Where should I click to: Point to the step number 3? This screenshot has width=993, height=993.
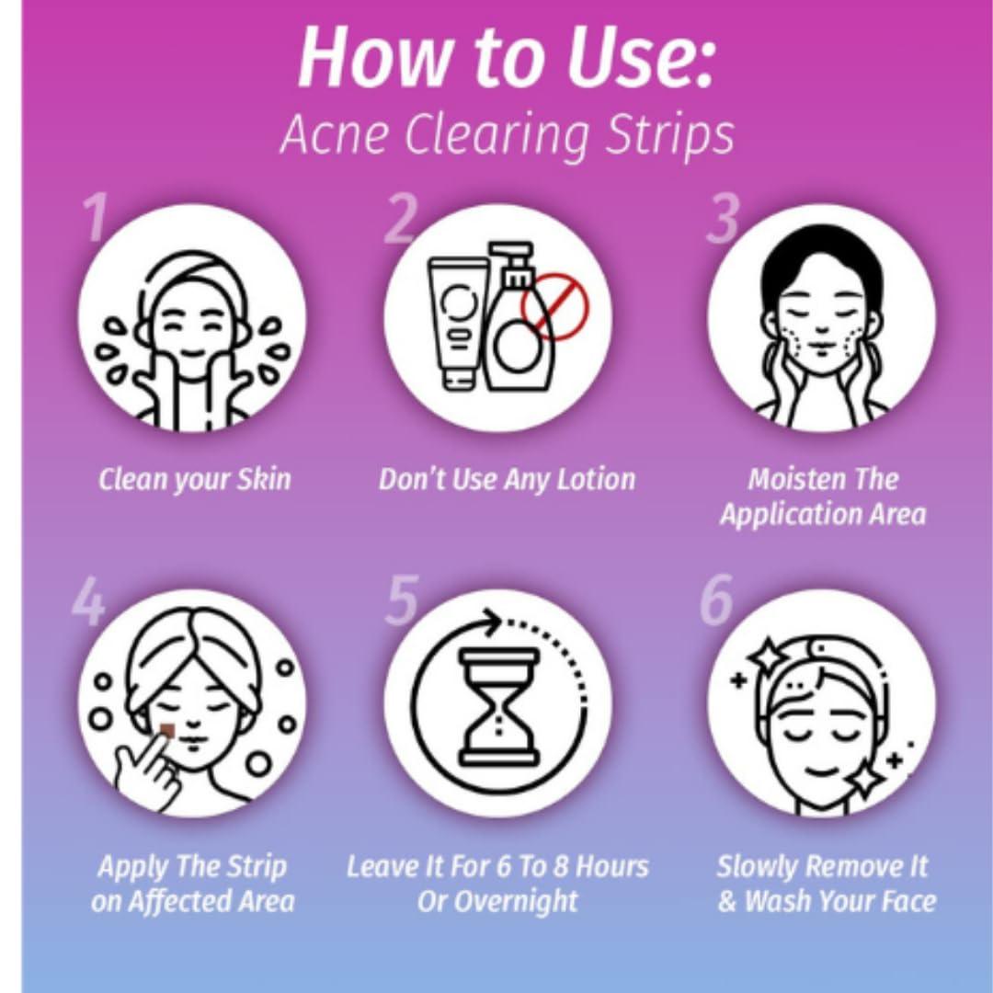point(723,219)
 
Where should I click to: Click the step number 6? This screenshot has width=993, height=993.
point(716,599)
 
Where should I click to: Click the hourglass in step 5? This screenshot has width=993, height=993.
point(500,706)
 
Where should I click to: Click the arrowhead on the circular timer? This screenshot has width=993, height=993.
point(491,620)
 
